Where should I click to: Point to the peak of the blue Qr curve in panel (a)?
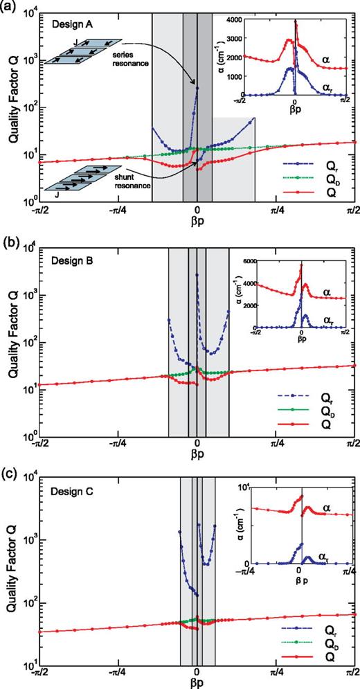coord(197,88)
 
